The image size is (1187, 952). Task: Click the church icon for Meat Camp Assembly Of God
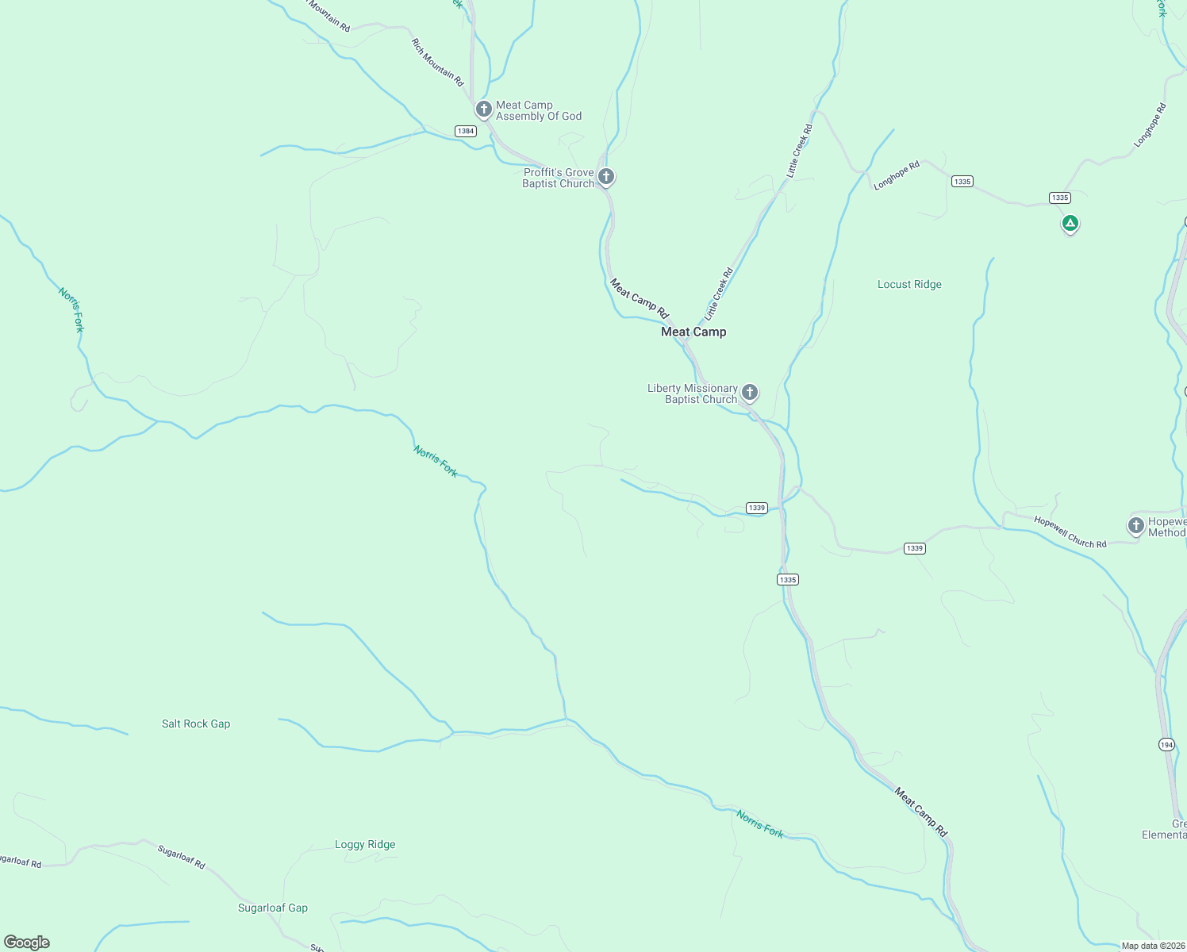click(483, 109)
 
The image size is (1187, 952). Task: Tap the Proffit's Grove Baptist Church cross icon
click(606, 176)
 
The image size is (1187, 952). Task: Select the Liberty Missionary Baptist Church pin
click(749, 392)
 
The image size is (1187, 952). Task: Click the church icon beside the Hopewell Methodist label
click(1135, 525)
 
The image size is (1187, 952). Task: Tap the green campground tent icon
click(1070, 224)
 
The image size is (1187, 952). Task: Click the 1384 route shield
click(466, 131)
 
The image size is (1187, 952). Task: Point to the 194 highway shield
click(1166, 744)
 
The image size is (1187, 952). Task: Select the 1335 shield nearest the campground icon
click(1059, 198)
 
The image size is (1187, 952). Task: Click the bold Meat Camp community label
click(693, 332)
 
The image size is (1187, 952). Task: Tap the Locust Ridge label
click(909, 284)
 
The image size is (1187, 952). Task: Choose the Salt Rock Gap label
click(196, 724)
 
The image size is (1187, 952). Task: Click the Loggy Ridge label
click(365, 844)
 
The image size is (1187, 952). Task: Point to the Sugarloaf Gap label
click(273, 908)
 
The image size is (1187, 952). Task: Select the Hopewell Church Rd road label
click(1070, 532)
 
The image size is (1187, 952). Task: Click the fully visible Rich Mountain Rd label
click(437, 62)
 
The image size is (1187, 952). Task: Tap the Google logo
click(27, 942)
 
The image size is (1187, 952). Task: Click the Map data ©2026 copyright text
click(1152, 946)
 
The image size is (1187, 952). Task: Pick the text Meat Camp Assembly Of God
click(539, 110)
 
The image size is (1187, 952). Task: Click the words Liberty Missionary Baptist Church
click(693, 393)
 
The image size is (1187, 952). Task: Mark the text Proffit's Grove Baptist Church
click(558, 178)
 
